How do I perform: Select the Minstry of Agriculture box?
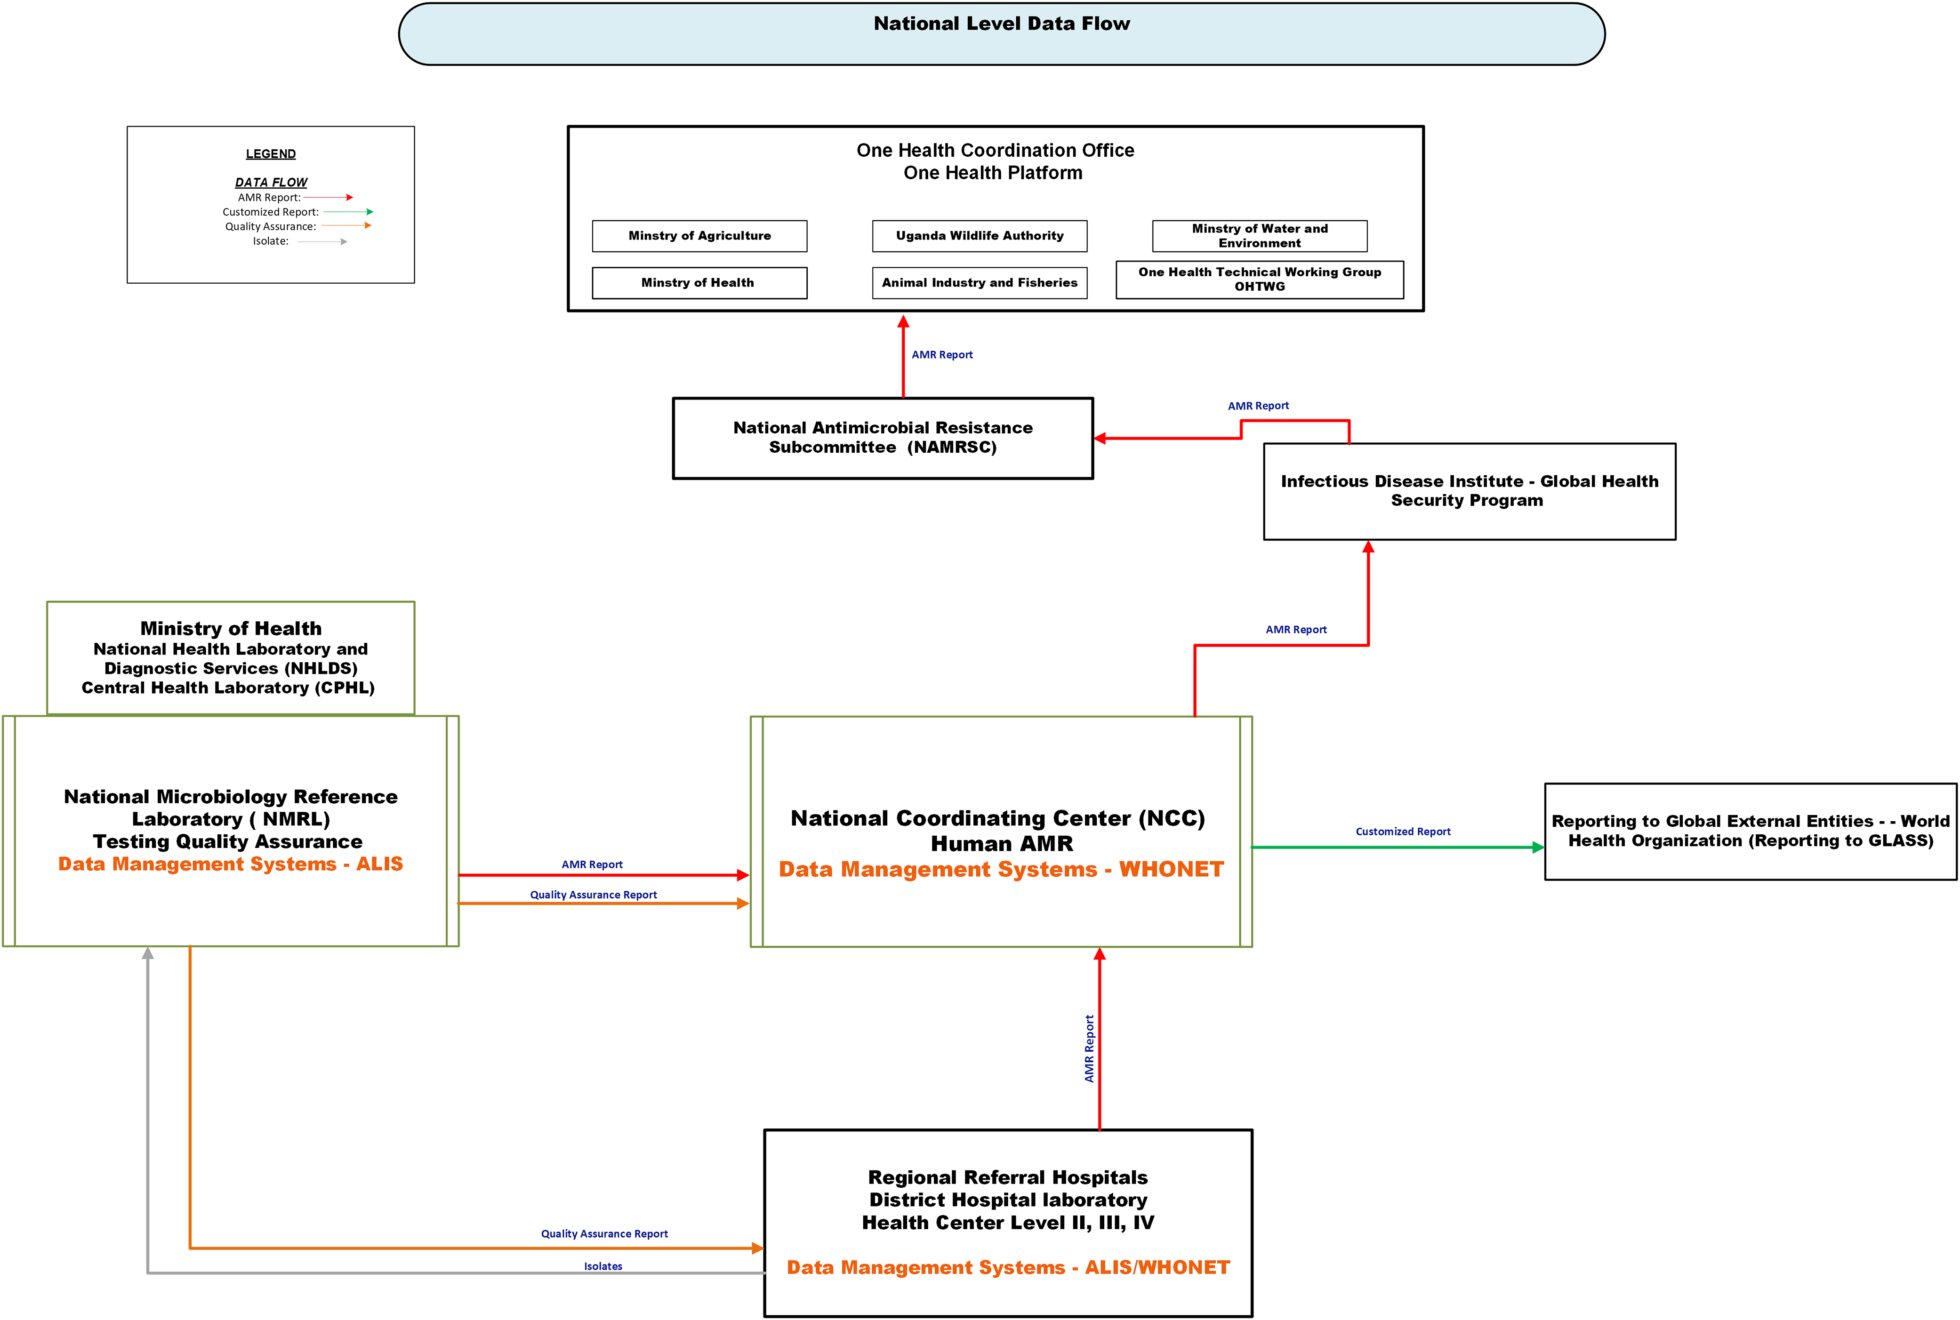pos(699,236)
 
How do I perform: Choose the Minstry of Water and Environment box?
pos(1260,236)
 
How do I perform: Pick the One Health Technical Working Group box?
pos(1260,280)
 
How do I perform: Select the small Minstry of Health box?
pos(699,283)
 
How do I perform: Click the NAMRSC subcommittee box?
pos(883,438)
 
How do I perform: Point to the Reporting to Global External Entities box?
pos(1751,831)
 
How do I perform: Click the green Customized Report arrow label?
pos(1403,832)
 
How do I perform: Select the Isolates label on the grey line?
pos(603,1266)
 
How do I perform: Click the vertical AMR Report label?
pos(1089,1048)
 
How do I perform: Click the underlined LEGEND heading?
pos(270,154)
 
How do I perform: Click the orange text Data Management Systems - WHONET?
pos(1001,870)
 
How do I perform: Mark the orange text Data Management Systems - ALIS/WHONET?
pos(1008,1268)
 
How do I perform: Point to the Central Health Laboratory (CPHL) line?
pos(228,688)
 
